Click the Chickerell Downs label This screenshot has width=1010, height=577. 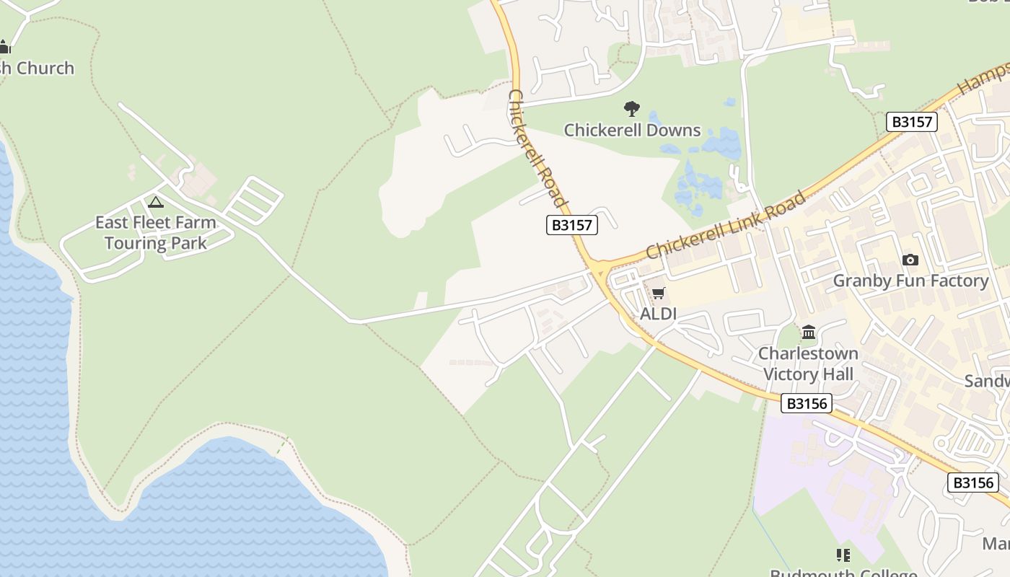coord(632,131)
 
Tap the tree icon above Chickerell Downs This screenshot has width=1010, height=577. coord(632,109)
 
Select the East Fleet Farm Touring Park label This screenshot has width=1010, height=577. coord(156,232)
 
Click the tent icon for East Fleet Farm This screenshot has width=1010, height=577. coord(156,202)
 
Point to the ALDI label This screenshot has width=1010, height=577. coord(659,314)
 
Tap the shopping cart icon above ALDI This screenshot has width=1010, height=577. coord(658,293)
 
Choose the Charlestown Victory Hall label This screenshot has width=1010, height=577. coord(808,364)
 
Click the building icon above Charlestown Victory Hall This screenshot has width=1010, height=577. coord(809,332)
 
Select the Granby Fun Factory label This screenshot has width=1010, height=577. coord(910,281)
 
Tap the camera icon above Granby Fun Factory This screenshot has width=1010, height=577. coord(910,260)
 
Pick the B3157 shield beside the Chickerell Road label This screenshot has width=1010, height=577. coord(571,225)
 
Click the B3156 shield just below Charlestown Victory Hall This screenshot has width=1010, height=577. coord(807,403)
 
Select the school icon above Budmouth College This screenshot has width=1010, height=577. coord(843,555)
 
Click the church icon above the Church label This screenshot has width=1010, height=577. coord(4,48)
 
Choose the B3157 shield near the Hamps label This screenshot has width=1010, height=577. coord(912,122)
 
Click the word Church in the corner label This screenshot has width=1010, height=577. coord(45,69)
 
